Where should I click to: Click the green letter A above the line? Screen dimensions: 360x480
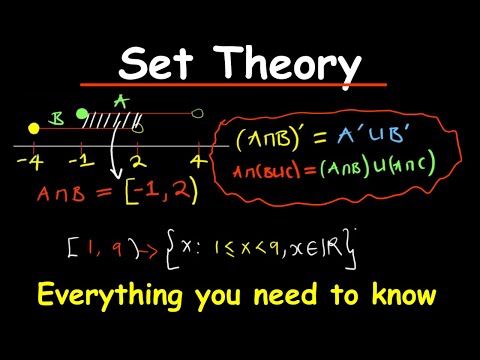[122, 101]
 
